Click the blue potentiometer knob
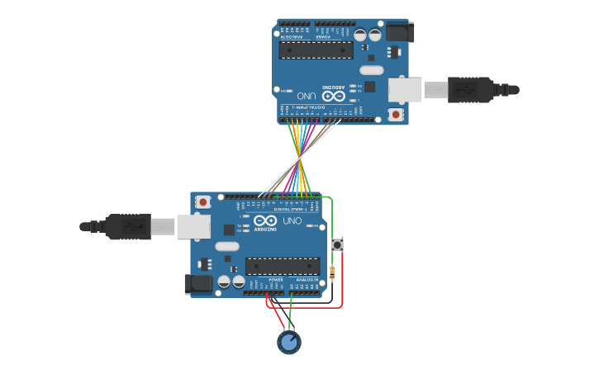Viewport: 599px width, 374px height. tap(288, 342)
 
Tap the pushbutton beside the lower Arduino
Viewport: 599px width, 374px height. tap(337, 245)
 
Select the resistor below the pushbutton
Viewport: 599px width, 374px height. tap(332, 273)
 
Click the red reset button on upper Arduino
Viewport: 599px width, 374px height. tap(396, 114)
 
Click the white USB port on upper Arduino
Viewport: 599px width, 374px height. tap(406, 89)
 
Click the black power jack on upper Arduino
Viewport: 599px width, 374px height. tap(398, 32)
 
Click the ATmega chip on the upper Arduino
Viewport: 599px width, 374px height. tap(316, 50)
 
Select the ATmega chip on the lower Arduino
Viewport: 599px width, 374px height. tap(283, 266)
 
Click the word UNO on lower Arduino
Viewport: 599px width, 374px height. tap(292, 220)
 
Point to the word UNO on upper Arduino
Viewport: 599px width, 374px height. tap(307, 96)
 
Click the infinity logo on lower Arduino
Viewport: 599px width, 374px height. tap(265, 220)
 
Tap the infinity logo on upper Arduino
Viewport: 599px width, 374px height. tap(334, 96)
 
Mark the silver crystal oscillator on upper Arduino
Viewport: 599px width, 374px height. tap(371, 70)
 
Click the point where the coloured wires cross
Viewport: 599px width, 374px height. tap(299, 159)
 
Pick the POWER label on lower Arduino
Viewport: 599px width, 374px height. tap(276, 280)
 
